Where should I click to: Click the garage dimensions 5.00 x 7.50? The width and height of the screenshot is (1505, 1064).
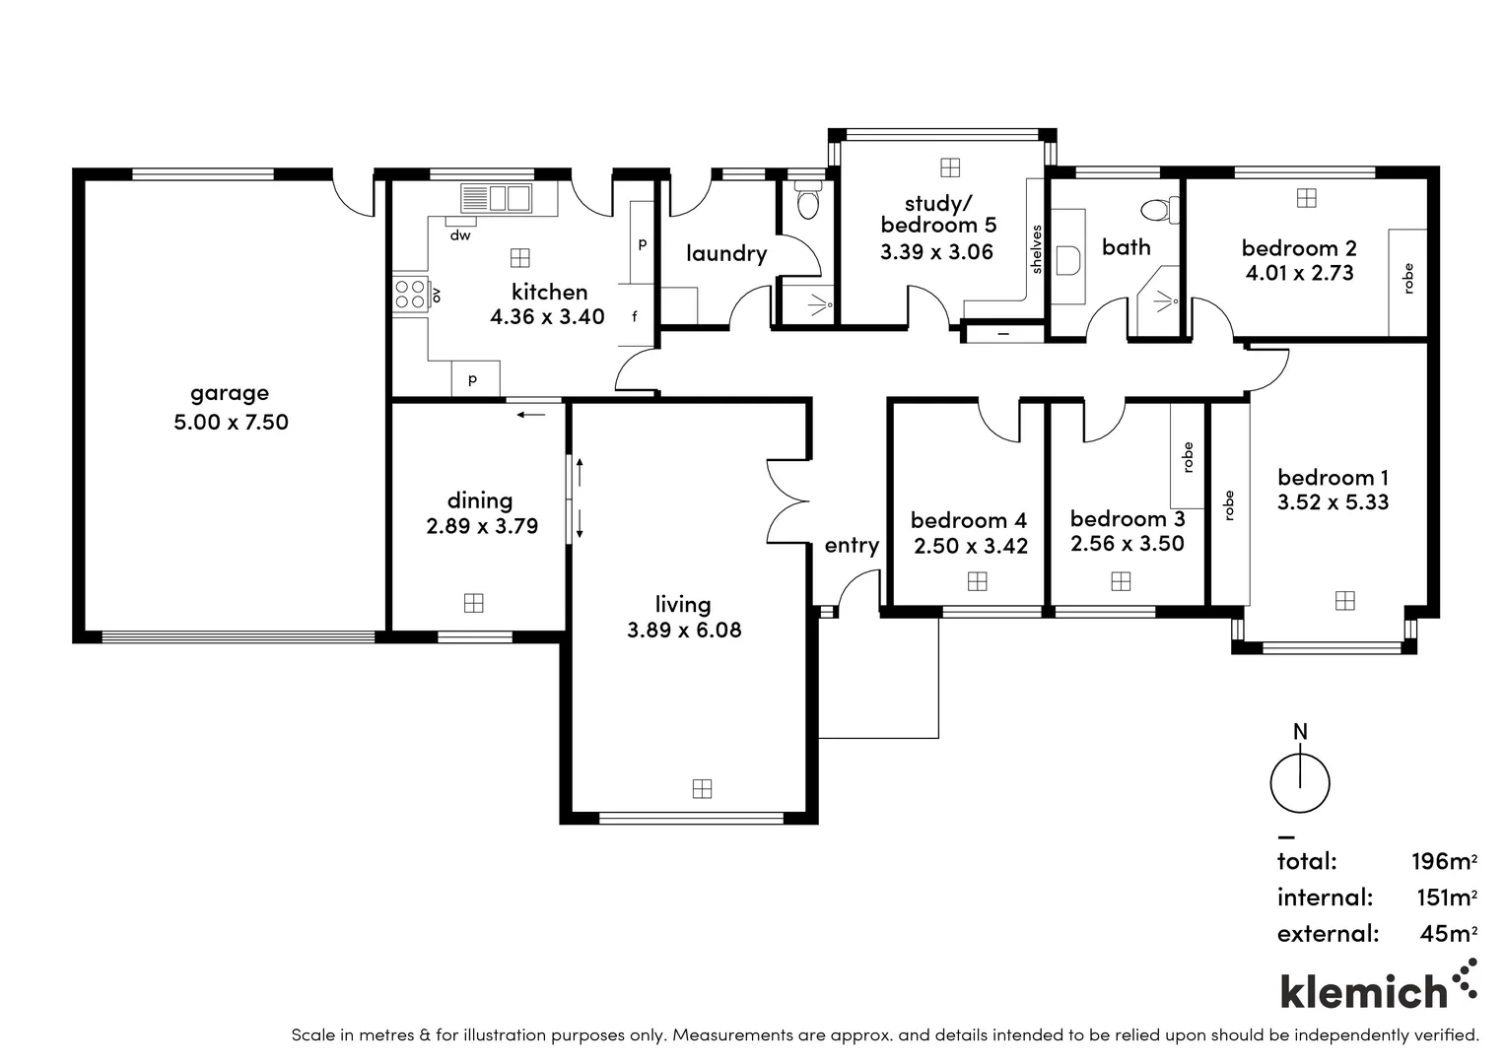[x=231, y=423]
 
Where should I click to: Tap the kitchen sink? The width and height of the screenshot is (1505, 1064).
[x=495, y=198]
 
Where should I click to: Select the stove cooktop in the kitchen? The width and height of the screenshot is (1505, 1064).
[x=410, y=295]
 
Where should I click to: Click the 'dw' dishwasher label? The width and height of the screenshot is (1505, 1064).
[x=460, y=235]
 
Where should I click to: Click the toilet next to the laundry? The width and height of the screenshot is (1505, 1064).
[x=807, y=202]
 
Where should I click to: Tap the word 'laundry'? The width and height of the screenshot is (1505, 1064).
[x=726, y=253]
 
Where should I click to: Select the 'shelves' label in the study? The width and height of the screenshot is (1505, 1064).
[x=1036, y=249]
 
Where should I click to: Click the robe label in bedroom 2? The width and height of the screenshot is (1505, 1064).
[x=1407, y=279]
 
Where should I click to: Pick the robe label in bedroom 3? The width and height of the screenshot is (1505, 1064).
[x=1188, y=457]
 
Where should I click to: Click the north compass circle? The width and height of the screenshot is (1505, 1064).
[x=1300, y=784]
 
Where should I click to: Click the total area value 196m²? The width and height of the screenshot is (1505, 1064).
[x=1444, y=861]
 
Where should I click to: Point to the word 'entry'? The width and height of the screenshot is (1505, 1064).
[x=852, y=545]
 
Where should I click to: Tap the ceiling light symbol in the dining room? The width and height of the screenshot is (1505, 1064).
[x=473, y=603]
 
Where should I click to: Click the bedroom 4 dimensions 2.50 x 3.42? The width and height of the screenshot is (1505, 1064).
[x=971, y=546]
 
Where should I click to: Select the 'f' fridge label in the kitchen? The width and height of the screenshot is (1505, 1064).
[x=635, y=316]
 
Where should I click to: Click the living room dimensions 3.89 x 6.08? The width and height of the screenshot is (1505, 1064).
[x=684, y=631]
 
